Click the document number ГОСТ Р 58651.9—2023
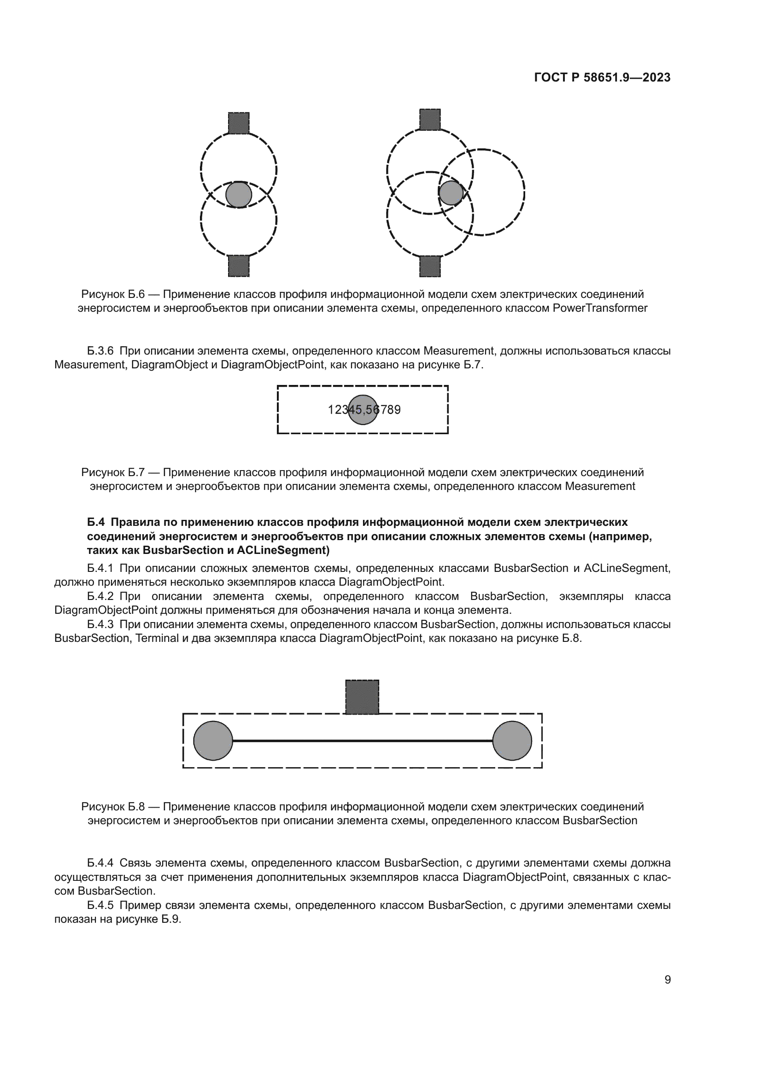pos(602,78)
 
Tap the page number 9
pos(667,979)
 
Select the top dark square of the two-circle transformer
pos(238,123)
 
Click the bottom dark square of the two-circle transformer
pos(238,266)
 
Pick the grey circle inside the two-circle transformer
pos(238,194)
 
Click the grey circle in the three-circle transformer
pos(451,192)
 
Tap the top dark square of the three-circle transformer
pos(429,119)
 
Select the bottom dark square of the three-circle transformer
pos(429,266)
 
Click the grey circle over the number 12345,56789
pos(363,409)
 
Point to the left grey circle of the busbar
pos(213,741)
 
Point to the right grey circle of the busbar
pos(512,741)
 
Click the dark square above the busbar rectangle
pos(362,697)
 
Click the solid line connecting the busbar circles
pos(362,741)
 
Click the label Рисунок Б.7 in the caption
pos(112,472)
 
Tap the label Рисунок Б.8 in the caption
pos(112,807)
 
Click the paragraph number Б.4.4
pos(100,863)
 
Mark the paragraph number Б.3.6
pos(100,351)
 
